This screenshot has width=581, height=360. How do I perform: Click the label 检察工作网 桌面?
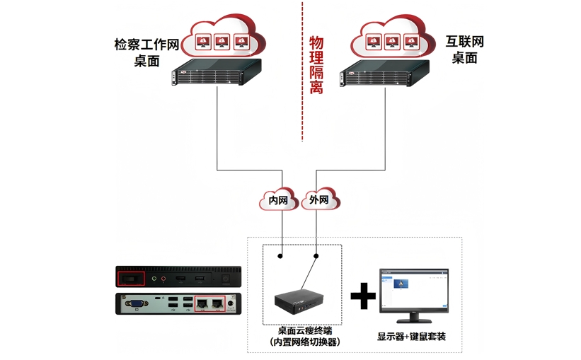(146, 52)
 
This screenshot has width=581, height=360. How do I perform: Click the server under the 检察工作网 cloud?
(217, 73)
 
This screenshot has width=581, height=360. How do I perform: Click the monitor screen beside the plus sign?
(413, 291)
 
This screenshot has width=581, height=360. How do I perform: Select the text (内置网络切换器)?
(305, 342)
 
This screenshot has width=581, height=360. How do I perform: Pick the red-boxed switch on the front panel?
(130, 279)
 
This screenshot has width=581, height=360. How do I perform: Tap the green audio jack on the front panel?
(154, 279)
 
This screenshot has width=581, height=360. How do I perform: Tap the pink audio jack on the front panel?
(163, 279)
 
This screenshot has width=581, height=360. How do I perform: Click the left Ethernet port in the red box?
(202, 304)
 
